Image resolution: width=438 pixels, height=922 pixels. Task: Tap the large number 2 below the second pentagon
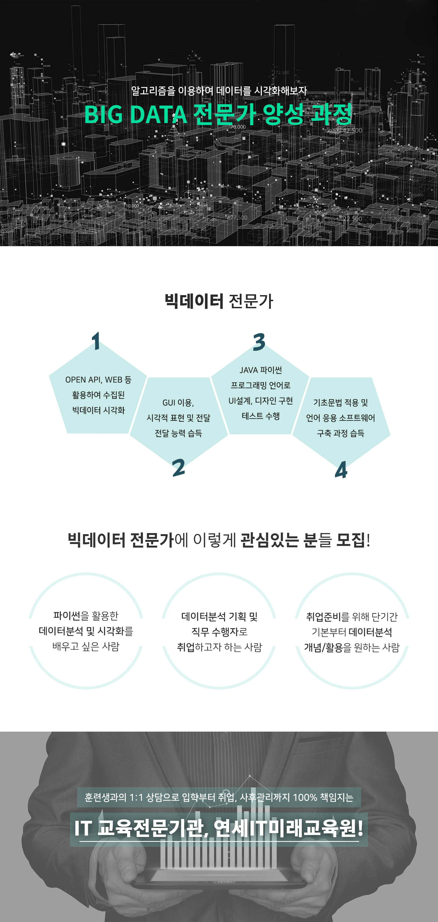click(178, 467)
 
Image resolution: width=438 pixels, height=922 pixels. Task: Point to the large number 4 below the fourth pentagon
click(341, 470)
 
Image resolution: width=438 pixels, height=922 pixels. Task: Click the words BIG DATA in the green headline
click(136, 115)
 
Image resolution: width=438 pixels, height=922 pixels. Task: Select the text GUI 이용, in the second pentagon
click(178, 403)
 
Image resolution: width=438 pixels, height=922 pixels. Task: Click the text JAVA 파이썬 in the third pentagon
click(261, 370)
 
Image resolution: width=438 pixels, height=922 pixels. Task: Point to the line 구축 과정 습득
click(341, 433)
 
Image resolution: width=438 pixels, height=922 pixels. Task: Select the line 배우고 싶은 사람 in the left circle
click(86, 646)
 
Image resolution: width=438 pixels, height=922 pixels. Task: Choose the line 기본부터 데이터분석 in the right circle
click(352, 632)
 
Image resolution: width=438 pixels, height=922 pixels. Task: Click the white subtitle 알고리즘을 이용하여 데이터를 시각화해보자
click(219, 91)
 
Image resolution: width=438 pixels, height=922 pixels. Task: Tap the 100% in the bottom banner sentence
click(305, 798)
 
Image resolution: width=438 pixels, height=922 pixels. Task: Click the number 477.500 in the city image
click(237, 218)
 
